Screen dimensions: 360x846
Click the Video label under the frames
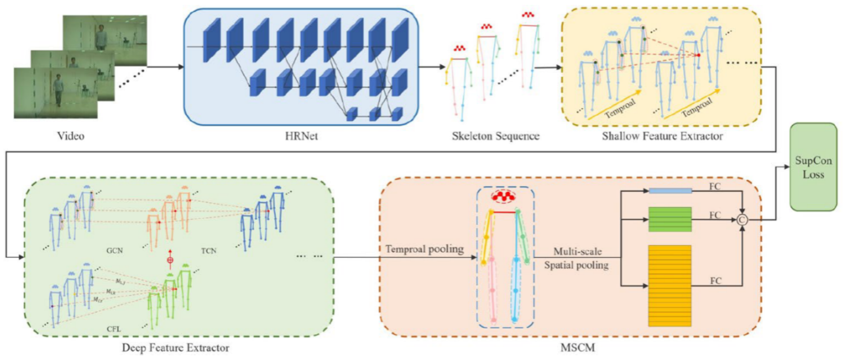click(x=70, y=136)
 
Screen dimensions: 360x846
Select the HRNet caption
click(x=301, y=136)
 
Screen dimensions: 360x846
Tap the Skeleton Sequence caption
click(x=495, y=136)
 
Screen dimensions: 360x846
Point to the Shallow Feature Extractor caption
click(x=662, y=136)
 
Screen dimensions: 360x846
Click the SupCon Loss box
click(x=813, y=167)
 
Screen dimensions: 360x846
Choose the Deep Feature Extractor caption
click(x=175, y=348)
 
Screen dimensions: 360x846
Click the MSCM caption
click(x=577, y=348)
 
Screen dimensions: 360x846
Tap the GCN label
click(x=114, y=250)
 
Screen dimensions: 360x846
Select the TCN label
click(x=208, y=250)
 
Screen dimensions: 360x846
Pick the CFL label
click(x=114, y=329)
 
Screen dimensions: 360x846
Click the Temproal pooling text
click(x=425, y=249)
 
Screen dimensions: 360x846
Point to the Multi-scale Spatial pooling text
click(x=577, y=258)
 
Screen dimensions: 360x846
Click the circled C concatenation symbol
click(x=742, y=220)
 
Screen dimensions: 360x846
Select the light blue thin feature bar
click(x=670, y=191)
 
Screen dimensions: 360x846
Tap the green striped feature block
click(x=670, y=219)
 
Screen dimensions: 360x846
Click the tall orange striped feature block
click(x=670, y=285)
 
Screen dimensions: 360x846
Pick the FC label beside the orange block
click(x=715, y=281)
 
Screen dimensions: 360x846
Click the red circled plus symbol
click(x=170, y=260)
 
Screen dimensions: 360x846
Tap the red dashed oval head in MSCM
click(x=503, y=196)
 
